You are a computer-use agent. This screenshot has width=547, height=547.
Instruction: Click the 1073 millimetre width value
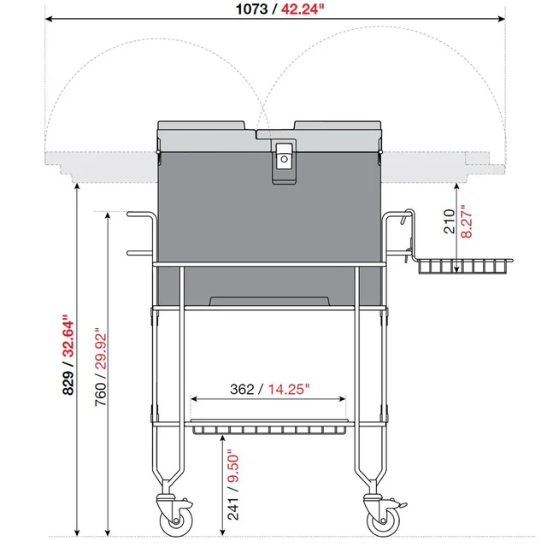pos(251,9)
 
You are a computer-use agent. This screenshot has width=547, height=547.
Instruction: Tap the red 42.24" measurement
pos(303,9)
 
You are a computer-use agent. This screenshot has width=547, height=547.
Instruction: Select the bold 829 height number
pos(68,382)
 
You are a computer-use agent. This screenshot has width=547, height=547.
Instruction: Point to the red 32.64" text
pos(68,336)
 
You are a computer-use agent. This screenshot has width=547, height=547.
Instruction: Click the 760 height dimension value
pos(101,394)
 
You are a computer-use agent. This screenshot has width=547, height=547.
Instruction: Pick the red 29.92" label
pos(101,349)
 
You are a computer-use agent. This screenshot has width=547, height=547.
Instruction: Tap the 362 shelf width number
pos(242,389)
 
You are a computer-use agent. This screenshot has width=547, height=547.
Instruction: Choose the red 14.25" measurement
pos(289,389)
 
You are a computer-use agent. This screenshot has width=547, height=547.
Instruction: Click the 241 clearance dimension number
pos(233,509)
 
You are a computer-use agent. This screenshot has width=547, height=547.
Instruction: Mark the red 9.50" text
pos(233,468)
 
